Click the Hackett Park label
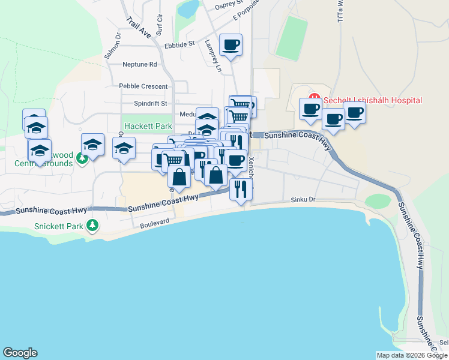[148, 127]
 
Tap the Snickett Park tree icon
[92, 226]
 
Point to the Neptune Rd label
[139, 64]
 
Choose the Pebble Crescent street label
[143, 86]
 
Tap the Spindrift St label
[150, 103]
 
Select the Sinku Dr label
[303, 199]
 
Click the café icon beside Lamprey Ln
[231, 44]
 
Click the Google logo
[20, 353]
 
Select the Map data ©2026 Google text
[412, 355]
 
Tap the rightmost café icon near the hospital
[354, 112]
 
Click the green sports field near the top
[292, 38]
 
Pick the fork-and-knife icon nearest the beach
[241, 189]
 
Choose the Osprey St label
[229, 5]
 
